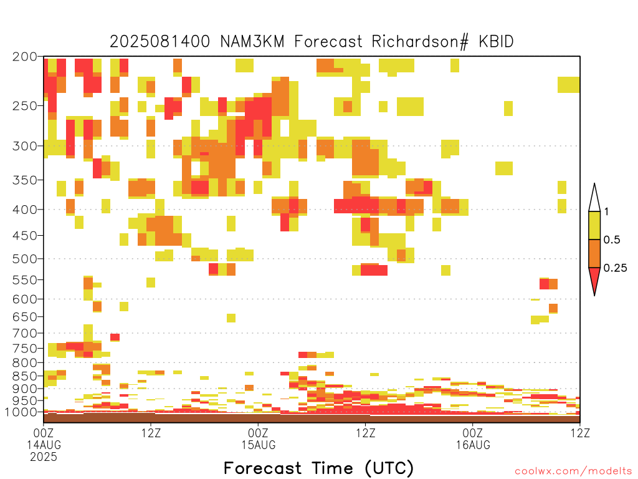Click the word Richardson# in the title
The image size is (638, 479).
tap(420, 42)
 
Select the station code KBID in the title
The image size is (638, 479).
tap(497, 42)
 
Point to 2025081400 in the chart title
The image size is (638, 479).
tap(160, 42)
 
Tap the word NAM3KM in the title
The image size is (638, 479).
tap(252, 42)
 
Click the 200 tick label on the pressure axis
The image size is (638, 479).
tap(24, 57)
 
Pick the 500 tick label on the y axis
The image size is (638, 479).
tap(24, 259)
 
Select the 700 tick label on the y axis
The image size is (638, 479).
tap(24, 333)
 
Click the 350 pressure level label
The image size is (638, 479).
tap(24, 180)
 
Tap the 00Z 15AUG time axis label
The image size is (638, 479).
tap(259, 438)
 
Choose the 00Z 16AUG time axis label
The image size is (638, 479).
tap(473, 438)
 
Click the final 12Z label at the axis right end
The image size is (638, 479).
tap(580, 433)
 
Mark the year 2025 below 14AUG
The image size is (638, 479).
tap(44, 457)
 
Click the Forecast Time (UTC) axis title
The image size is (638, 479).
tap(318, 468)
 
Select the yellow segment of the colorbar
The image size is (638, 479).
tap(594, 225)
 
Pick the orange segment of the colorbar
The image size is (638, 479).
tap(594, 253)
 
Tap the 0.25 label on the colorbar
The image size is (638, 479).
tap(615, 268)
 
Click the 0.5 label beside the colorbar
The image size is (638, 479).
tap(612, 240)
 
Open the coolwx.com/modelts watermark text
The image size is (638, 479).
tap(573, 472)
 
